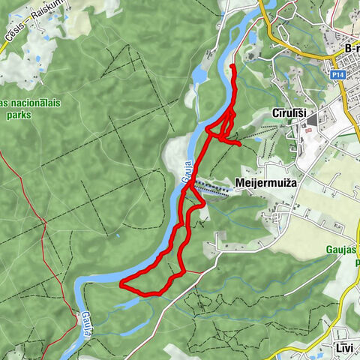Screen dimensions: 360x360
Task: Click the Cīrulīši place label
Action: point(288,113)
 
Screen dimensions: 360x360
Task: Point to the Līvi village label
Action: point(340,349)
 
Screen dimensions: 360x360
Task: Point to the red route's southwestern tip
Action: point(121,283)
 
